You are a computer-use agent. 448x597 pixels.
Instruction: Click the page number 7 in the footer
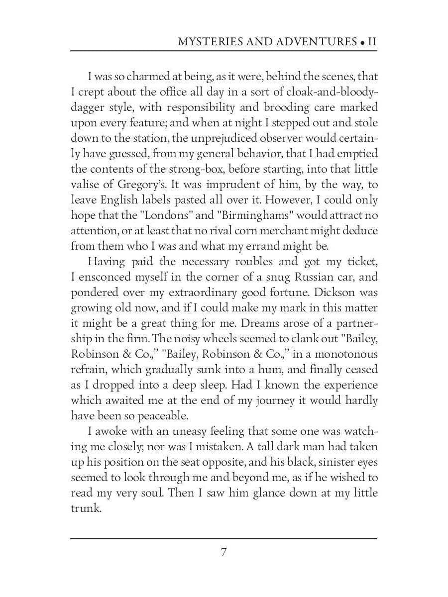click(224, 552)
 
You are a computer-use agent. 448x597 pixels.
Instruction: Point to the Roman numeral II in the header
click(371, 41)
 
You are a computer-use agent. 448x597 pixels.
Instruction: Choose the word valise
click(85, 185)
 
